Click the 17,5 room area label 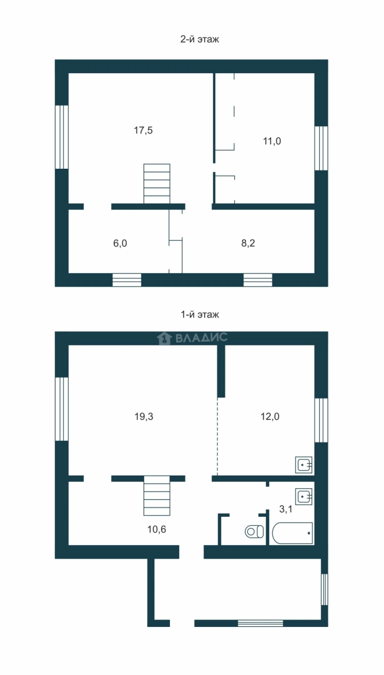click(x=143, y=131)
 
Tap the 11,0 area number click(x=272, y=141)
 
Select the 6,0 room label click(x=120, y=243)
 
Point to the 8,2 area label click(x=249, y=243)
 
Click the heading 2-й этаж click(x=200, y=39)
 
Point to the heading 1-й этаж click(x=200, y=314)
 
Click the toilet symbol click(x=255, y=531)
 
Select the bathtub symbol click(x=292, y=533)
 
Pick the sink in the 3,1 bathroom click(x=304, y=496)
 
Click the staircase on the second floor click(x=157, y=184)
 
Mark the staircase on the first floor click(x=157, y=496)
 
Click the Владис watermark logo click(x=192, y=338)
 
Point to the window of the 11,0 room click(x=321, y=148)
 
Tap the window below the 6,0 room click(x=127, y=280)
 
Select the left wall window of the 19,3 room click(x=62, y=409)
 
